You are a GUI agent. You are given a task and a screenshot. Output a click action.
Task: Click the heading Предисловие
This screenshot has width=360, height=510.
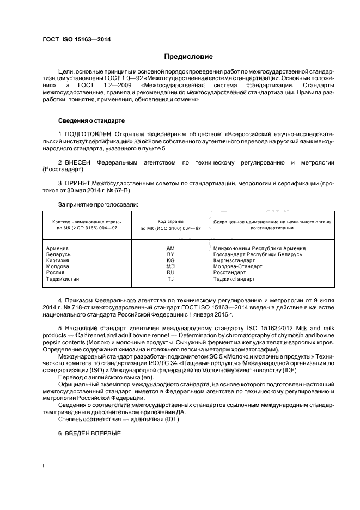coord(188,57)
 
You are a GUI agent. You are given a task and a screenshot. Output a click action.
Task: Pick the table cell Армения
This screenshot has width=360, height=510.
coord(58,248)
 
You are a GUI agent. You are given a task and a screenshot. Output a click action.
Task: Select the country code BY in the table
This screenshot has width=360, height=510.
coord(170,254)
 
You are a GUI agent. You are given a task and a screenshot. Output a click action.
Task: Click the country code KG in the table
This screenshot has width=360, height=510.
coord(170,260)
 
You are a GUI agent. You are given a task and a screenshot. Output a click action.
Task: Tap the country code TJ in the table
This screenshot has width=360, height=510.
coord(170,278)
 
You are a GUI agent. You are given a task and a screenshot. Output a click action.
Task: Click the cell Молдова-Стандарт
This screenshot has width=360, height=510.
coord(238,266)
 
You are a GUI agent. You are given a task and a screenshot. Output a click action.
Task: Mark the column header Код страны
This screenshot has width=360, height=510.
coord(170,222)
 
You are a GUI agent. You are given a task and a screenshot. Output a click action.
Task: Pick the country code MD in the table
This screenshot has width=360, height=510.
coord(170,266)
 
